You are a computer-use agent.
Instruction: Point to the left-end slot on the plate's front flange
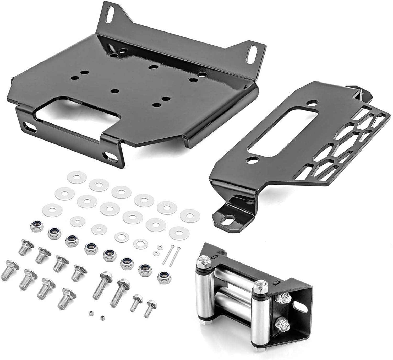[x=29, y=126]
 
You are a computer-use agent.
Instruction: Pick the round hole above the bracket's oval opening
[x=313, y=102]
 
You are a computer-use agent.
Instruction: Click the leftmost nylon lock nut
[x=35, y=225]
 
